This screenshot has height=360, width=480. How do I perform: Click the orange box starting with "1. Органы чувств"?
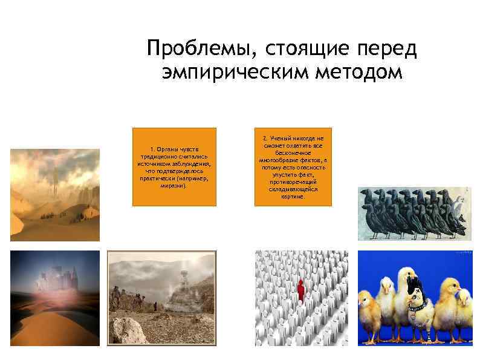pos(174,167)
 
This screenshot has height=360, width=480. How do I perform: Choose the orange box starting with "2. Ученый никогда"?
pos(293,167)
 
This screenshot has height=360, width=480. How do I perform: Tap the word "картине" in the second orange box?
pos(293,197)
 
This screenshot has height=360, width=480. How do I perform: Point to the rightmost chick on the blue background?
pos(464,309)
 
